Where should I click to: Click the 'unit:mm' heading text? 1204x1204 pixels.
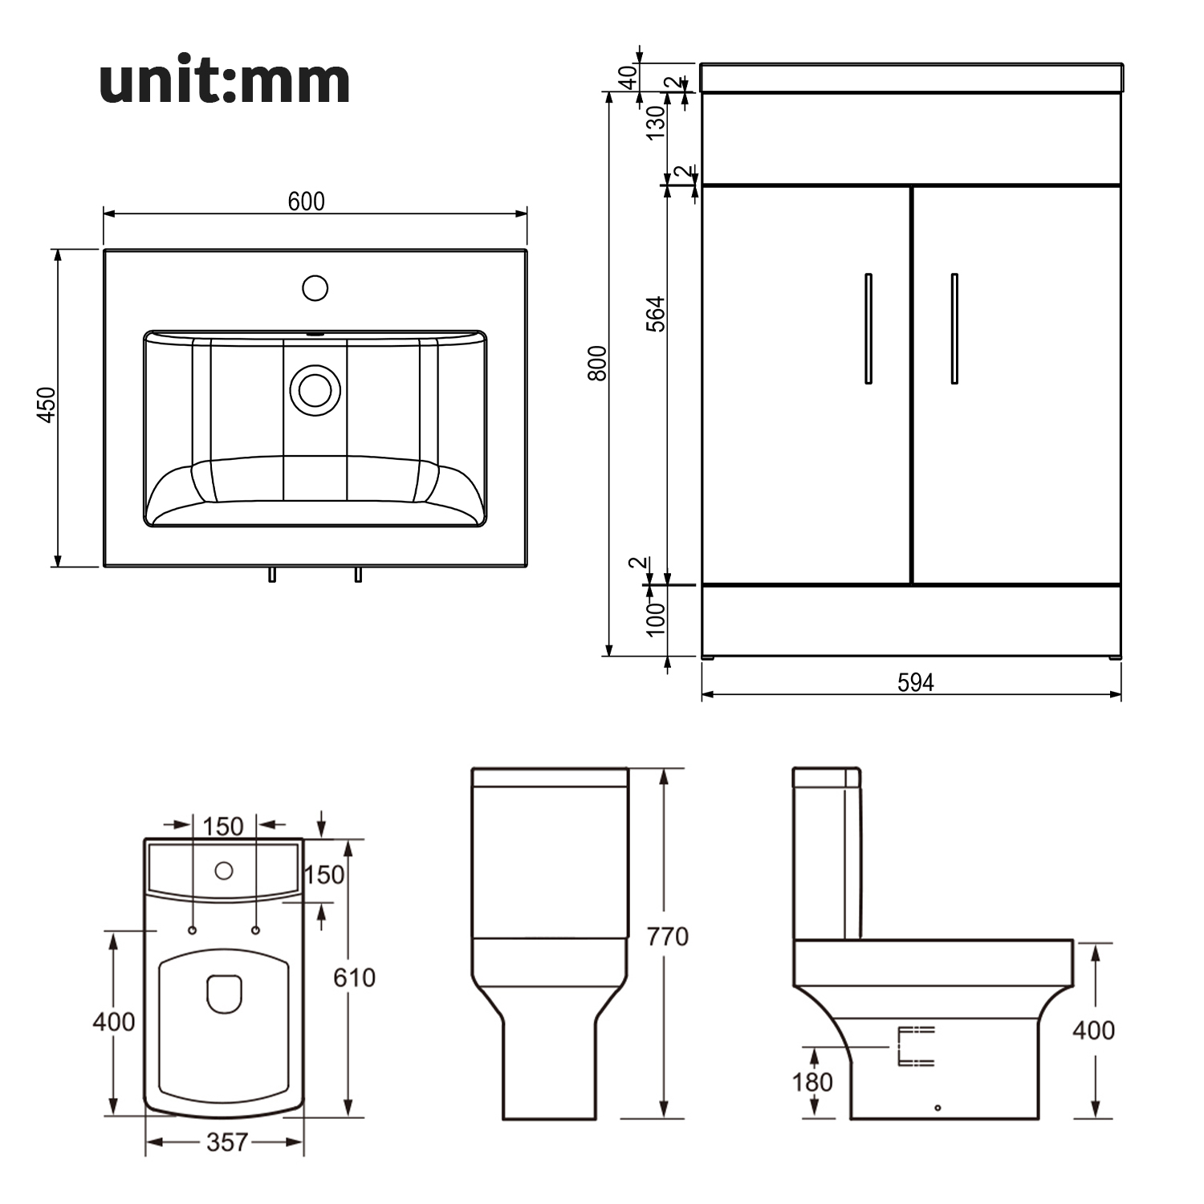coord(225,80)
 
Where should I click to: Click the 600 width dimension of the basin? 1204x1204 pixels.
coord(307,201)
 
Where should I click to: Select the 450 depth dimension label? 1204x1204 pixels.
coord(47,405)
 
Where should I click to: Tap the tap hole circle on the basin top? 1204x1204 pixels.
coord(315,287)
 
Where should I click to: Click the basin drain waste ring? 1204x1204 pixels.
coord(315,390)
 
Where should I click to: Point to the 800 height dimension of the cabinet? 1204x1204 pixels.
coord(597,363)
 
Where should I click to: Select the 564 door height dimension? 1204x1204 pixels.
coord(656,314)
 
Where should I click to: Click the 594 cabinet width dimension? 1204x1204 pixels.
coord(915,682)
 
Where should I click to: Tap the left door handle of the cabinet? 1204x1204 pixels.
coord(868,328)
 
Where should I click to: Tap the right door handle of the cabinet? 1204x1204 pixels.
coord(954,328)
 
